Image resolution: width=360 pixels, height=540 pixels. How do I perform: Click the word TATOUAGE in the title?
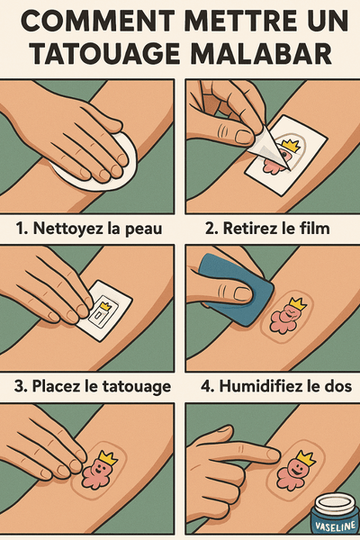pos(104,53)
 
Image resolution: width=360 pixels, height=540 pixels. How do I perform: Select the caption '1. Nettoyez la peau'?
pos(89,229)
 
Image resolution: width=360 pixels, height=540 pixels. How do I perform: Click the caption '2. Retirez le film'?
pos(267,229)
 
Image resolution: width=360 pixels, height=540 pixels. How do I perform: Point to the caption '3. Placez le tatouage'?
pos(93,386)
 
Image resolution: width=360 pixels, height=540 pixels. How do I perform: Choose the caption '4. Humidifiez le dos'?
pos(276,386)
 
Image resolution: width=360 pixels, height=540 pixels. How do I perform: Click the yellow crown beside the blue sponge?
pos(298,303)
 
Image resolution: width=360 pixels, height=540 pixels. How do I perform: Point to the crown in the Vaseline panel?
pos(306,458)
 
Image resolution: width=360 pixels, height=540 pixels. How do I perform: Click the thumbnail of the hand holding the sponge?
pos(243,293)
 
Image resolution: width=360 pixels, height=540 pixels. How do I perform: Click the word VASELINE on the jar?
pos(336,527)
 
